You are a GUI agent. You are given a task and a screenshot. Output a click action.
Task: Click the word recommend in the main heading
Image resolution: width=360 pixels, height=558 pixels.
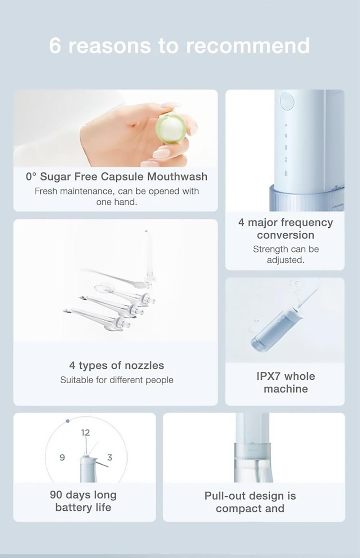[248, 46]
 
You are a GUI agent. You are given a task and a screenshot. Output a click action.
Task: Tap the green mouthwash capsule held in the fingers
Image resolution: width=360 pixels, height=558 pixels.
[171, 128]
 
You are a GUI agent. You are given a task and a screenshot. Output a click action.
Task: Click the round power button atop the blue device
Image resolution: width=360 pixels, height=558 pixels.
[287, 101]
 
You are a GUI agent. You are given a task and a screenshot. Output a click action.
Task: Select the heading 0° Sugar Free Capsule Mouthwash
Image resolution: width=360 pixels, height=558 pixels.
[117, 177]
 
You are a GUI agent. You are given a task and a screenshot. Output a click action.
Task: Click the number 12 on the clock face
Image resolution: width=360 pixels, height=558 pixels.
[85, 432]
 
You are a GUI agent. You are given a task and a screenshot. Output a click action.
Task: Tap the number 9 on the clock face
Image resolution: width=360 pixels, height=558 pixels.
[62, 457]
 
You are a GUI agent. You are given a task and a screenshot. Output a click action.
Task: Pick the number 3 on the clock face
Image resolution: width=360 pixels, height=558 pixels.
[110, 457]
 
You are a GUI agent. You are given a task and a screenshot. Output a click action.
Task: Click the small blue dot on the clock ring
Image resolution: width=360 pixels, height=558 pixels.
[68, 421]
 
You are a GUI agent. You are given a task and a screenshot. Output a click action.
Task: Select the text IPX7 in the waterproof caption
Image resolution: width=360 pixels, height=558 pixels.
[268, 376]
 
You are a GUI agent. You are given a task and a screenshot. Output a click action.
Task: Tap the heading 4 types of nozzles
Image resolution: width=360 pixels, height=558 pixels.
[117, 365]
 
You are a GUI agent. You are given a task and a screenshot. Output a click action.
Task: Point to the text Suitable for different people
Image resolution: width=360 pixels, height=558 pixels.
[117, 380]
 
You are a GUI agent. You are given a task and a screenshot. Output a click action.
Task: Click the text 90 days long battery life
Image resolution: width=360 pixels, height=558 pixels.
[83, 501]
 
